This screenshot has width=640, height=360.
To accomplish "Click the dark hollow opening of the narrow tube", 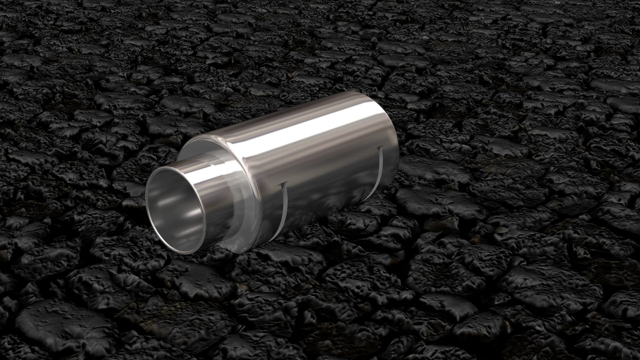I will click(173, 213).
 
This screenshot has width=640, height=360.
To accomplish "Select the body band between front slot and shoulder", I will click(267, 200).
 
